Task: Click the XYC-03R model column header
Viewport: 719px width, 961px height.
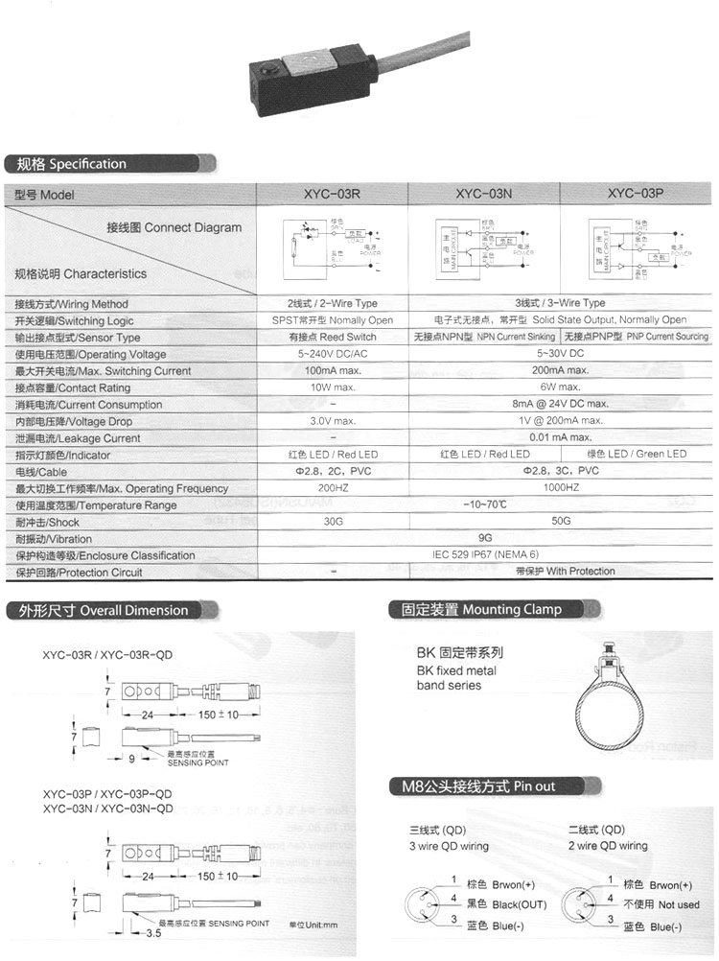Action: click(x=331, y=194)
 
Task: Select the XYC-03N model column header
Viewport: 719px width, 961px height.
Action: click(x=485, y=194)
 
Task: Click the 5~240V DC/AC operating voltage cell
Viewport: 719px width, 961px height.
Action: click(x=333, y=354)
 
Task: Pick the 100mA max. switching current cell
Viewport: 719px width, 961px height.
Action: click(x=333, y=370)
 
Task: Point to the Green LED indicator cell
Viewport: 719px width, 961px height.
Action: click(x=637, y=454)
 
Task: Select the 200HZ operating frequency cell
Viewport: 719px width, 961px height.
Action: click(x=333, y=488)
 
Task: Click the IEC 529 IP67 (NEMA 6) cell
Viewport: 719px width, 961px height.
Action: click(x=485, y=555)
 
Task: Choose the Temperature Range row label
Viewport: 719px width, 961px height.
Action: click(x=96, y=505)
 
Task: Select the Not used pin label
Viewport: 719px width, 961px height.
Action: click(x=661, y=904)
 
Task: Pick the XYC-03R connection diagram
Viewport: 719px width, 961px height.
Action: click(x=333, y=247)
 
